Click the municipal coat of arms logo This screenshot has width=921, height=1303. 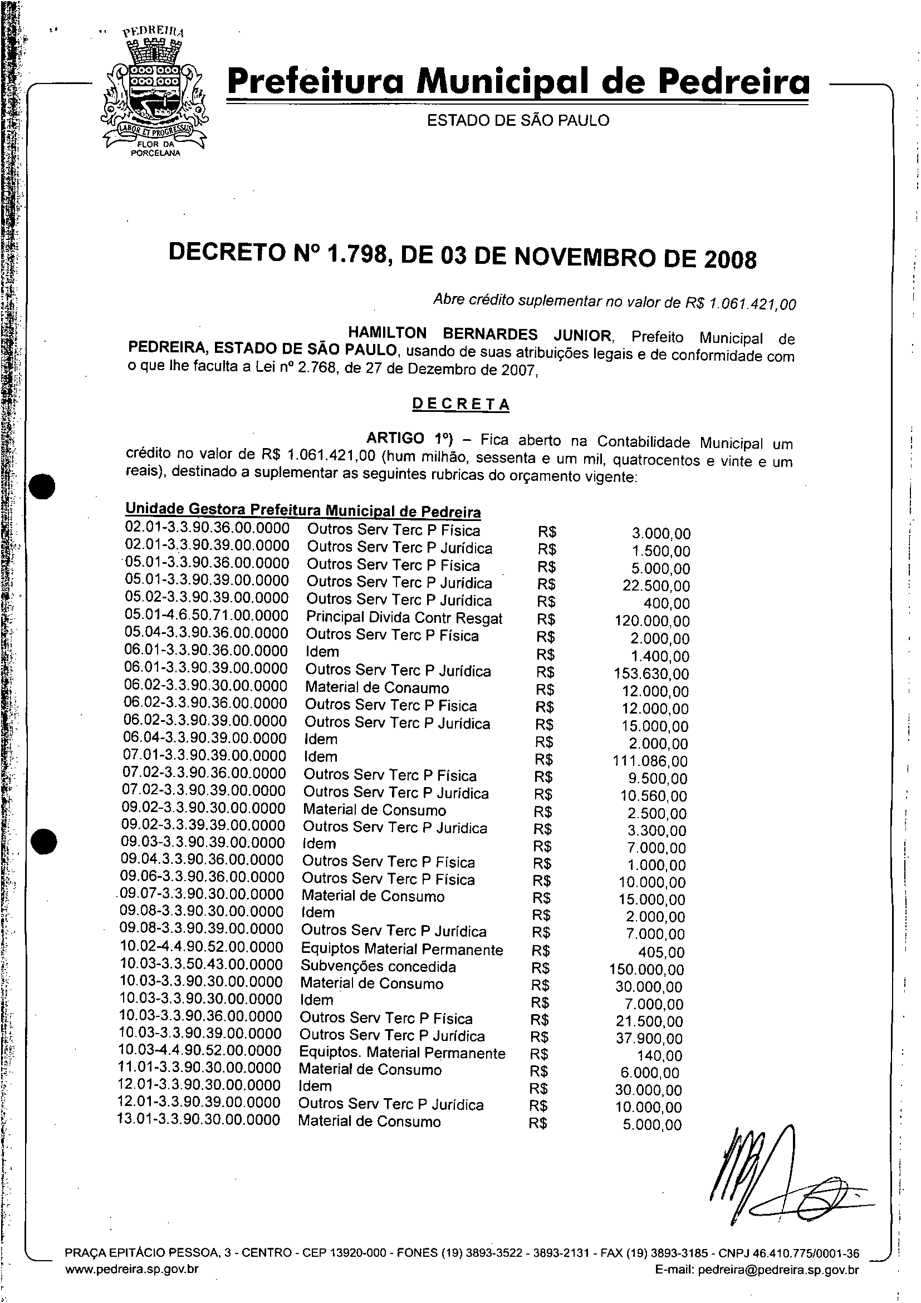pos(153,94)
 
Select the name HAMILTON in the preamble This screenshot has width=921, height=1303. pos(386,333)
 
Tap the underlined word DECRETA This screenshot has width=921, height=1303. pos(460,404)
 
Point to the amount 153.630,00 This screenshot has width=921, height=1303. pos(651,673)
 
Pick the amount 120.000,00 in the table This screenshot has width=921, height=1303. pos(652,621)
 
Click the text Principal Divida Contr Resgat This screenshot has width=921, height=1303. pos(404,618)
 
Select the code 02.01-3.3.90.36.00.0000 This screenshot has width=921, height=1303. pos(207,528)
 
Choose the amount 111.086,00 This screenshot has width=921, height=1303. pos(650,761)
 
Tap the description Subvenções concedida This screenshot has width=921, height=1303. pos(378,966)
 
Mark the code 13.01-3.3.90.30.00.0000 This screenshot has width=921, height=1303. pos(199,1120)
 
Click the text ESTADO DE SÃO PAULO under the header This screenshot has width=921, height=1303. pos(518,120)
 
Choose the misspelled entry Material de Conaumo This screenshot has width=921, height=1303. pos(376,688)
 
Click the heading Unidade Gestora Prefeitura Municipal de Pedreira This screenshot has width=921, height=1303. pos(303,510)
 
